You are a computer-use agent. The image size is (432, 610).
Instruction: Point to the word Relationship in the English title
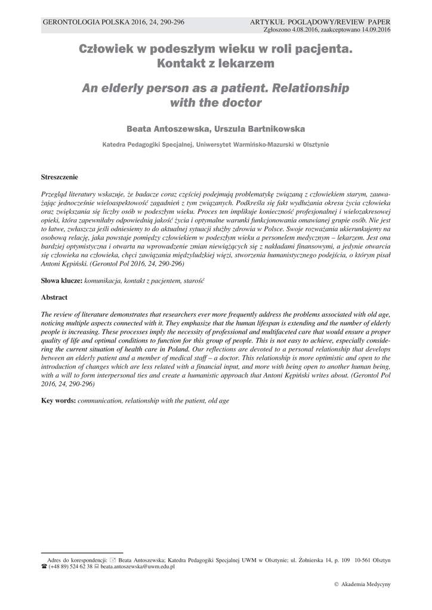[310, 88]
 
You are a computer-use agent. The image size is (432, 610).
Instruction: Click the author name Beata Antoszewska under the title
[165, 129]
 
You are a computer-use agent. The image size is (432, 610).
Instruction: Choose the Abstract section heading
[54, 297]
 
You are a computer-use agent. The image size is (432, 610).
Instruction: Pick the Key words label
[58, 401]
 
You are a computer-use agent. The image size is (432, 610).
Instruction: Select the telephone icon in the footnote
[44, 567]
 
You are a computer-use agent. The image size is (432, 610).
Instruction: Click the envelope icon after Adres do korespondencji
[113, 559]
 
